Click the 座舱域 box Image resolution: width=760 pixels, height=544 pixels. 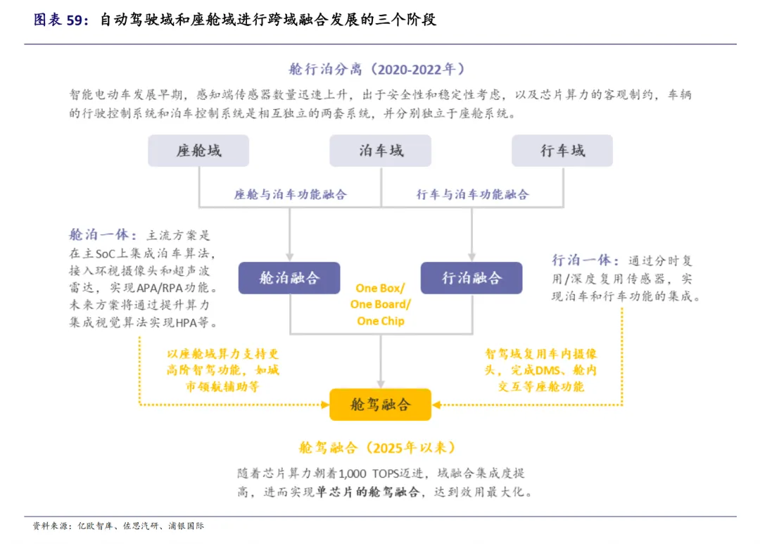point(198,151)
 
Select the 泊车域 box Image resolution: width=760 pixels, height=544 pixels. point(380,151)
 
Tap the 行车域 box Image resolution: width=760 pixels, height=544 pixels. point(562,151)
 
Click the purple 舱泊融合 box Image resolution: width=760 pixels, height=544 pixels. point(289,278)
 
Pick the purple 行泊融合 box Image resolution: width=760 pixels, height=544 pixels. point(471,278)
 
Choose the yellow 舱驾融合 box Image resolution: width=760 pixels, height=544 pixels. point(380,405)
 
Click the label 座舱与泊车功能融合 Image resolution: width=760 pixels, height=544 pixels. point(290,194)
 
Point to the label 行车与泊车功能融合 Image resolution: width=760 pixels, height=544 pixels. point(472,194)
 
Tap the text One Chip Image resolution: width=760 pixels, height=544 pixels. point(381,321)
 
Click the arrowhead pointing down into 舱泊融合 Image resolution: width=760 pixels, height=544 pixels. point(289,257)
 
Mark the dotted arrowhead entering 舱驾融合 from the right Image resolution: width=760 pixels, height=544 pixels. point(437,405)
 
